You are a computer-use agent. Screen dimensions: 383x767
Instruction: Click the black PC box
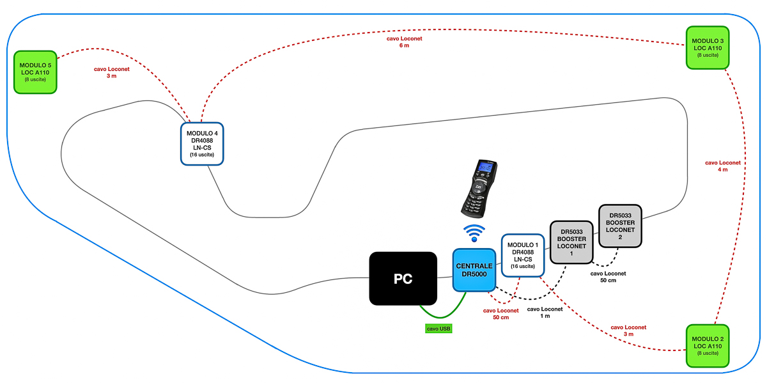tap(403, 278)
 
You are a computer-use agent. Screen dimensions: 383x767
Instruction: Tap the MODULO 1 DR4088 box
tap(522, 254)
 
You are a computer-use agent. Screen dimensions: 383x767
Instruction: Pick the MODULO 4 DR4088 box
tap(201, 144)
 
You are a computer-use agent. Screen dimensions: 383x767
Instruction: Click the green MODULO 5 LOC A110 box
tap(36, 72)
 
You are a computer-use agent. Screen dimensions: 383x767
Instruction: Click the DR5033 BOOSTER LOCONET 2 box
tap(619, 226)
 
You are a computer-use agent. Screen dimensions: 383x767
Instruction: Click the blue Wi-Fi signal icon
tap(474, 233)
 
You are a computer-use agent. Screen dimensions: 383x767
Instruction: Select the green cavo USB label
tap(438, 329)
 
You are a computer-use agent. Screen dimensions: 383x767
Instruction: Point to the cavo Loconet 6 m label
tap(404, 42)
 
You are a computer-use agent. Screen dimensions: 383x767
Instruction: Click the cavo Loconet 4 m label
tap(722, 166)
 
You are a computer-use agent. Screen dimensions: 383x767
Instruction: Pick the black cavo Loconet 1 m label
tap(545, 312)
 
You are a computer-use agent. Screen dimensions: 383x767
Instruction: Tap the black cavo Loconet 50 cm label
tap(608, 277)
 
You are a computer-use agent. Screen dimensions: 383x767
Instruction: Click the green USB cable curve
tap(441, 316)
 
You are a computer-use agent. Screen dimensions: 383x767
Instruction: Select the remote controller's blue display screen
tap(486, 169)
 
